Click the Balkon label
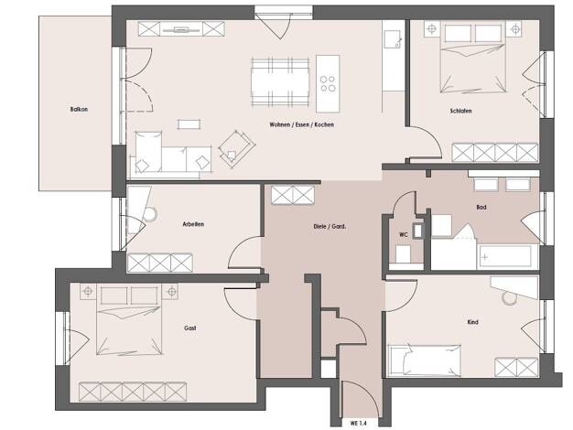click(79, 109)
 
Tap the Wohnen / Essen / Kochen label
click(301, 124)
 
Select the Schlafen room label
click(460, 111)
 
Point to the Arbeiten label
click(193, 224)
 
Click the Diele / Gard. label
click(330, 227)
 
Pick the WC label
click(404, 234)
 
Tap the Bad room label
click(481, 207)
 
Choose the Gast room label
click(190, 328)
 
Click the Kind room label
click(472, 322)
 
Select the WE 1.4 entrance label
click(358, 424)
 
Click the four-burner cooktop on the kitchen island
click(328, 83)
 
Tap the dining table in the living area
click(280, 82)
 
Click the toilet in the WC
click(403, 253)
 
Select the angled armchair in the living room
click(236, 149)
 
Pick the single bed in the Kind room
click(424, 360)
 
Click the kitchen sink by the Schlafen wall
click(393, 38)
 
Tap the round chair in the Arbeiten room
click(150, 214)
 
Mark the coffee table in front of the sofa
click(189, 124)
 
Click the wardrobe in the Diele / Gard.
click(293, 195)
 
